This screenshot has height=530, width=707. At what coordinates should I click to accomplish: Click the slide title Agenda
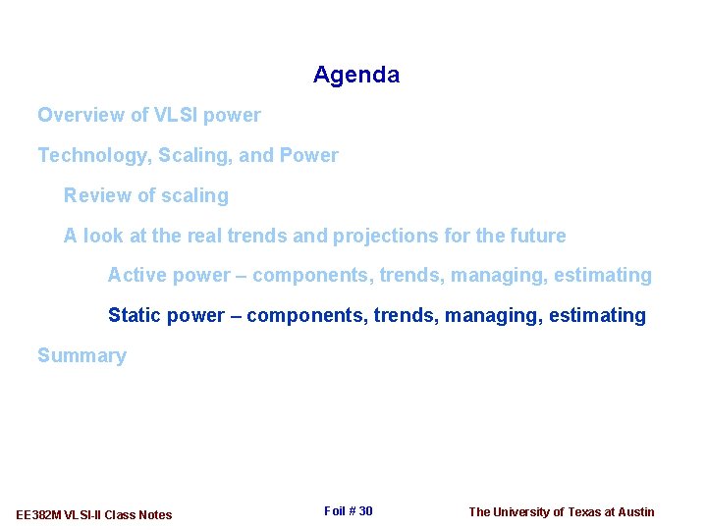point(355,75)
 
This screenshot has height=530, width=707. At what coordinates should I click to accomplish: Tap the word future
point(537,236)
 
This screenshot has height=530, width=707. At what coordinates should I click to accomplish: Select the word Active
point(136,276)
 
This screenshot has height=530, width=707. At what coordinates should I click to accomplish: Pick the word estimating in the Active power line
point(602,276)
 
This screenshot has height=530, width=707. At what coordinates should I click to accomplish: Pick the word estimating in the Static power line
point(597,316)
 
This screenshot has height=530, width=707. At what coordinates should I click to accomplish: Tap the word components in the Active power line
point(306,276)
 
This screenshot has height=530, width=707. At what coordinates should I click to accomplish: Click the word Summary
point(82,356)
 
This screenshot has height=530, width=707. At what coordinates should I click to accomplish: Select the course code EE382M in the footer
point(39,515)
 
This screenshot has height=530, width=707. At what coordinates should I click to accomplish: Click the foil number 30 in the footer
point(364,511)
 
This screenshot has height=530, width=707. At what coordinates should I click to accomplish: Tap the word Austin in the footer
point(635,511)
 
